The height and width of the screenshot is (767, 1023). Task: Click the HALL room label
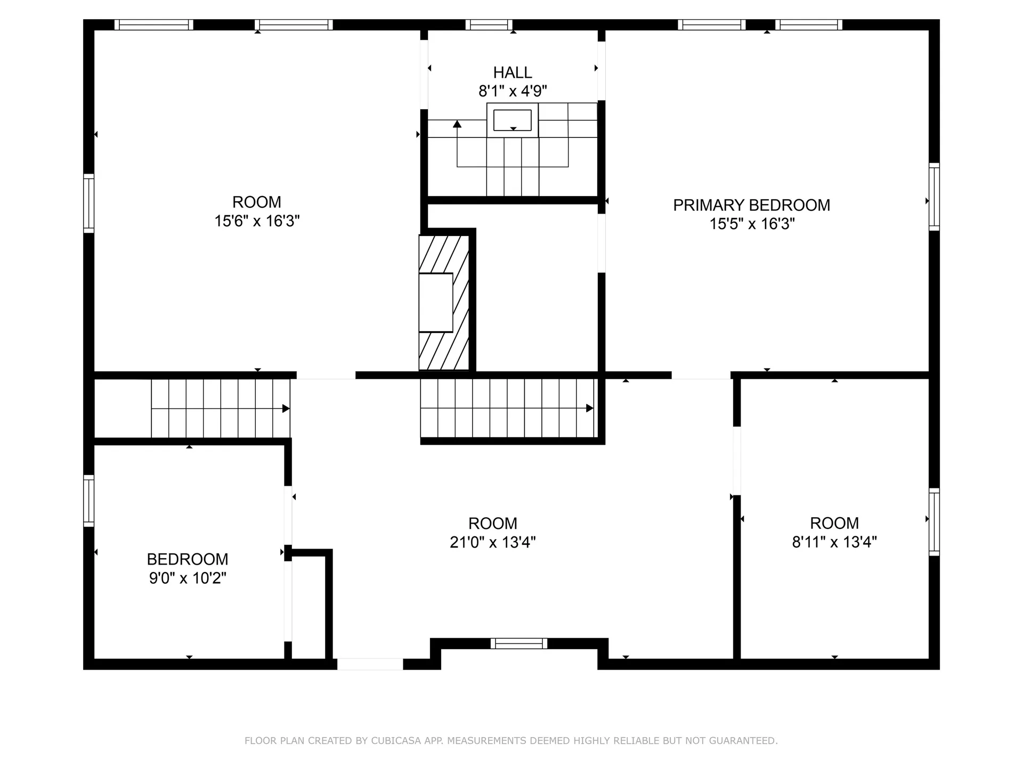[x=512, y=72]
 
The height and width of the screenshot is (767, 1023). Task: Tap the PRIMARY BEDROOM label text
[x=751, y=205]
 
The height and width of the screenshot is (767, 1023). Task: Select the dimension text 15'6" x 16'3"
[x=257, y=221]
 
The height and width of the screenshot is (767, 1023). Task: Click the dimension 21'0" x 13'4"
[x=492, y=542]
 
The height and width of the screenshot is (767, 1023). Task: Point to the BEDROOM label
[x=188, y=559]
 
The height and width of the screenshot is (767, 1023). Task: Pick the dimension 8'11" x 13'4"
[x=834, y=542]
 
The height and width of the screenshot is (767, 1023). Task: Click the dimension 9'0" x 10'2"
[x=188, y=578]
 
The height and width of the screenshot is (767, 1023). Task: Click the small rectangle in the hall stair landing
[x=512, y=120]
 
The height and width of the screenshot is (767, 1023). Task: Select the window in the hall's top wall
[x=489, y=25]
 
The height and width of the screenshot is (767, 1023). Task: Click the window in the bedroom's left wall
[x=88, y=501]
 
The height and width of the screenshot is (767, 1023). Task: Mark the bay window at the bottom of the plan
[x=518, y=643]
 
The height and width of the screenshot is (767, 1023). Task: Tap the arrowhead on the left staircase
[x=286, y=409]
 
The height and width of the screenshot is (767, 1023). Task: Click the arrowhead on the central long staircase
[x=590, y=409]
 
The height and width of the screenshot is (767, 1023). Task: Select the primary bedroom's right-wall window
[x=934, y=197]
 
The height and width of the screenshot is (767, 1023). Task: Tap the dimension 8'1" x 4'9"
[x=512, y=91]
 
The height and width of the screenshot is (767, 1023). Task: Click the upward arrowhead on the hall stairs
[x=457, y=124]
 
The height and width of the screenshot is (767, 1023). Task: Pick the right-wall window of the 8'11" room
[x=934, y=522]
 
